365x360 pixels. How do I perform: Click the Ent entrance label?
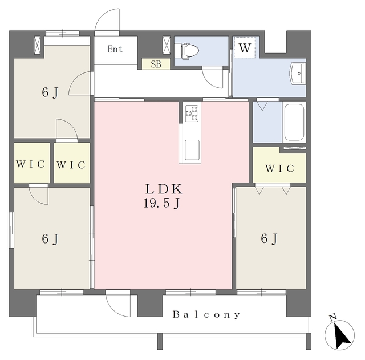(x=115, y=49)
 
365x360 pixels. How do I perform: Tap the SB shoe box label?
(x=156, y=64)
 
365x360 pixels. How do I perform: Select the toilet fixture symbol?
(x=186, y=51)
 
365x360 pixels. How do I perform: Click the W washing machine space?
(x=245, y=48)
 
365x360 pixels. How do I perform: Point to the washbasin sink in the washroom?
(x=297, y=74)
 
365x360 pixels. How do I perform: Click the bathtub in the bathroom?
(x=294, y=122)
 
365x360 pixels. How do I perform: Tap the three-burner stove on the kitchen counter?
(x=192, y=114)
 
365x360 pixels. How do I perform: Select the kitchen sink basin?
(x=192, y=150)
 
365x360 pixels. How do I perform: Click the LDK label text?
(x=164, y=189)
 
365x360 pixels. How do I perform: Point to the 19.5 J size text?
(x=161, y=204)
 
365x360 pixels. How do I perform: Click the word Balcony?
(x=206, y=315)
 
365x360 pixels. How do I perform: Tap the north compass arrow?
(x=342, y=334)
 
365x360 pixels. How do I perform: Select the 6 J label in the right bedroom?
(x=269, y=239)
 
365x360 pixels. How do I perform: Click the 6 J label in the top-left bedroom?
(x=50, y=92)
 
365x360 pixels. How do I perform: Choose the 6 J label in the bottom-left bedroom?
(x=50, y=239)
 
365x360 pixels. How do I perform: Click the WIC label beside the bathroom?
(x=279, y=168)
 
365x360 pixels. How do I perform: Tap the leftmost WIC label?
(x=30, y=164)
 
